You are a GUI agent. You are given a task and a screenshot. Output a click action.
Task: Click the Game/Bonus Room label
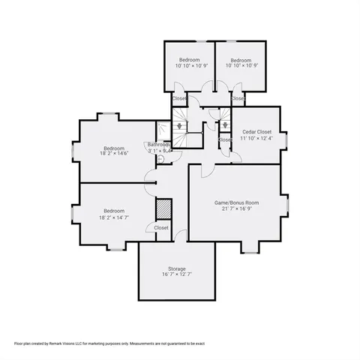[x=235, y=202]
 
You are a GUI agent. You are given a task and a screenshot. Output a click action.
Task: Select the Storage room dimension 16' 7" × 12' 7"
[x=176, y=275]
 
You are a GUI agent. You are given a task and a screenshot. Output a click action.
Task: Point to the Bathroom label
[x=158, y=144]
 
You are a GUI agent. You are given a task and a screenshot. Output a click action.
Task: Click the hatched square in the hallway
[x=162, y=208]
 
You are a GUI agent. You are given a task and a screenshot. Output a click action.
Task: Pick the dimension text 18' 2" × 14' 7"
[x=114, y=218]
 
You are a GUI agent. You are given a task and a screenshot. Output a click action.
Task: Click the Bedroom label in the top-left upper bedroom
[x=189, y=59]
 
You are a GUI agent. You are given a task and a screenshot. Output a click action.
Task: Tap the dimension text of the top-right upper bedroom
[x=241, y=66]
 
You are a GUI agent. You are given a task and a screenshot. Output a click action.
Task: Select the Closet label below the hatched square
[x=161, y=227]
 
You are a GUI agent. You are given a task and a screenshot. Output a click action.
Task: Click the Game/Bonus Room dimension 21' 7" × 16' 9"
[x=235, y=209]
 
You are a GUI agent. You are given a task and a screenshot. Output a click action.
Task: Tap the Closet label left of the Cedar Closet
[x=224, y=139]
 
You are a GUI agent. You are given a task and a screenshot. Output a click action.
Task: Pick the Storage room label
[x=176, y=268]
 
